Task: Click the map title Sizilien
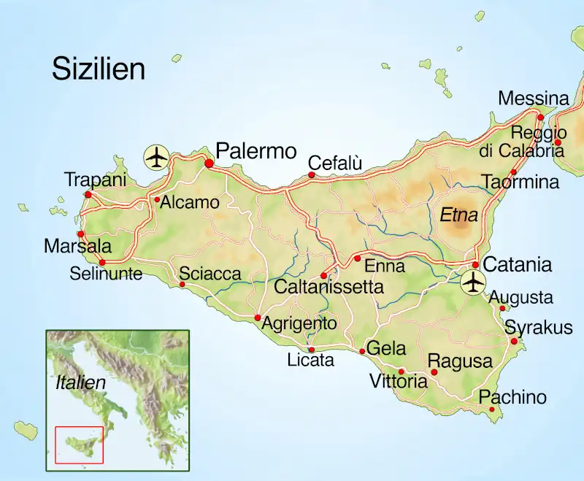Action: (x=99, y=69)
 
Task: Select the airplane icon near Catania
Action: (x=474, y=282)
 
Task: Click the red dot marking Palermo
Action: (x=209, y=163)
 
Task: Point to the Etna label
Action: (x=458, y=215)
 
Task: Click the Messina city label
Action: (x=533, y=99)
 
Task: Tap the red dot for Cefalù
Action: (x=312, y=175)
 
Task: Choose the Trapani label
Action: (x=96, y=180)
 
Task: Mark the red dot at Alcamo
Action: (x=157, y=199)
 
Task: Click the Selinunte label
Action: (x=107, y=274)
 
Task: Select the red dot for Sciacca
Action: (x=182, y=284)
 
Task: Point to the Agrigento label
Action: (x=299, y=323)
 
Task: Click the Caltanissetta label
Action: (x=328, y=287)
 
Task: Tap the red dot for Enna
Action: (x=357, y=258)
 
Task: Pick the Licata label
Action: (x=310, y=360)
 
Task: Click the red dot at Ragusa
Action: (x=434, y=372)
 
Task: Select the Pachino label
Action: (x=512, y=397)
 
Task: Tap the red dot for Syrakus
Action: (x=514, y=341)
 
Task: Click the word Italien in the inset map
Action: (x=81, y=382)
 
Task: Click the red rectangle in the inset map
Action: (x=80, y=445)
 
